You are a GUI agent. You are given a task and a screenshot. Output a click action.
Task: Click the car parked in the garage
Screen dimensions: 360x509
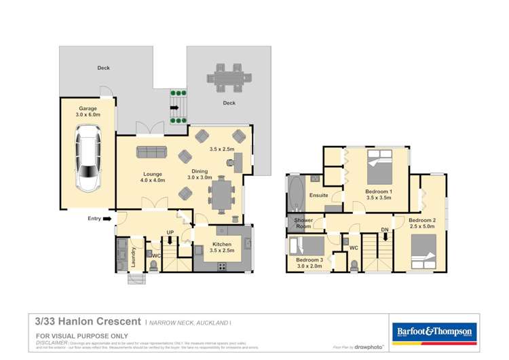(x=88, y=161)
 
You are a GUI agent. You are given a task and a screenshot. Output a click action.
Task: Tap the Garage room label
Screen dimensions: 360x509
(x=88, y=109)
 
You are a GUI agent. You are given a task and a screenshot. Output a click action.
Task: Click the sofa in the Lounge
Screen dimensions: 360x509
(x=151, y=151)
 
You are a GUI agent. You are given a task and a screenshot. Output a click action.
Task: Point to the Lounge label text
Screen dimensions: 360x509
(x=152, y=174)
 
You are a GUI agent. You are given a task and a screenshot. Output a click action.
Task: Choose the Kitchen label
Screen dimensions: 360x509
(x=222, y=245)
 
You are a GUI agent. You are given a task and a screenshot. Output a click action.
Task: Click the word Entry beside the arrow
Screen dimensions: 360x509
(x=94, y=218)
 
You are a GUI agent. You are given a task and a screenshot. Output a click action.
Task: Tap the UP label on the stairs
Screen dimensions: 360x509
(x=170, y=232)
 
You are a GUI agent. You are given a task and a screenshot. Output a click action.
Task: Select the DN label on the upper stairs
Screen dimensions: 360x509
(x=384, y=230)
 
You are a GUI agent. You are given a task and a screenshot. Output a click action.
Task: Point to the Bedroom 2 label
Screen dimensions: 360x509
(x=422, y=220)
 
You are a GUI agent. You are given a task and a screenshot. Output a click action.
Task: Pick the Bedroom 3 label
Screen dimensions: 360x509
(x=309, y=259)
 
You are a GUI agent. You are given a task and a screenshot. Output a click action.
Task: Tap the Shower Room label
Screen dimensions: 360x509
(x=303, y=223)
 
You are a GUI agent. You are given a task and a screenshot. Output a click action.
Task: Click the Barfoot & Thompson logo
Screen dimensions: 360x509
(x=433, y=331)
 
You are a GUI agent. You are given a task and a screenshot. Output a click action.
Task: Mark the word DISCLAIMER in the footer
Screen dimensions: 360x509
(x=51, y=344)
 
